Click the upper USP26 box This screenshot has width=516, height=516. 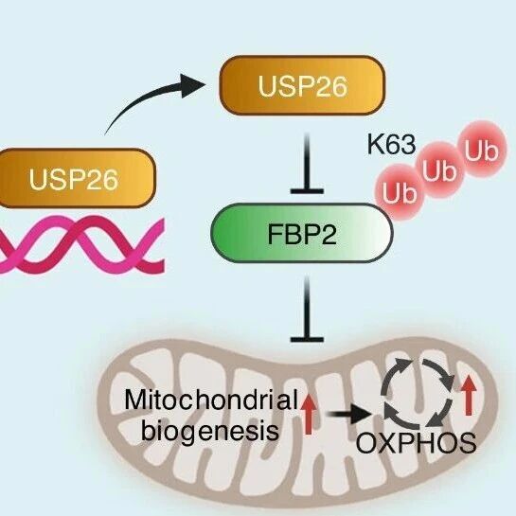pyautogui.click(x=302, y=85)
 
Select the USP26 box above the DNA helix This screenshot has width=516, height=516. pyautogui.click(x=77, y=178)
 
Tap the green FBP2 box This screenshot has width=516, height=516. pyautogui.click(x=302, y=233)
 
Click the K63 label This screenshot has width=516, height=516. pyautogui.click(x=391, y=145)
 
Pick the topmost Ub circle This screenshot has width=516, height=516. pyautogui.click(x=481, y=150)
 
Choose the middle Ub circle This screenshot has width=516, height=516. pyautogui.click(x=440, y=170)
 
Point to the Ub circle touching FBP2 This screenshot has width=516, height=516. pyautogui.click(x=400, y=191)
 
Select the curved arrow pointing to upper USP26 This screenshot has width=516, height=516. pyautogui.click(x=145, y=98)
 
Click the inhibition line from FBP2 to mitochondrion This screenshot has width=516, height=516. pyautogui.click(x=307, y=310)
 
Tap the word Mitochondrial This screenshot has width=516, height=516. pyautogui.click(x=211, y=400)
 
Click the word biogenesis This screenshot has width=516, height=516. pyautogui.click(x=210, y=430)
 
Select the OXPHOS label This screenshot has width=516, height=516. pyautogui.click(x=416, y=442)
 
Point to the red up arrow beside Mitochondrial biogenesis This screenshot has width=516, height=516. pyautogui.click(x=309, y=414)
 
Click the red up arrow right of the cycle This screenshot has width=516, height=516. pyautogui.click(x=469, y=396)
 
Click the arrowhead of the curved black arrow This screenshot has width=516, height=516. pyautogui.click(x=193, y=85)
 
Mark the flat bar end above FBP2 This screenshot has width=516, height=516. pyautogui.click(x=307, y=191)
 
